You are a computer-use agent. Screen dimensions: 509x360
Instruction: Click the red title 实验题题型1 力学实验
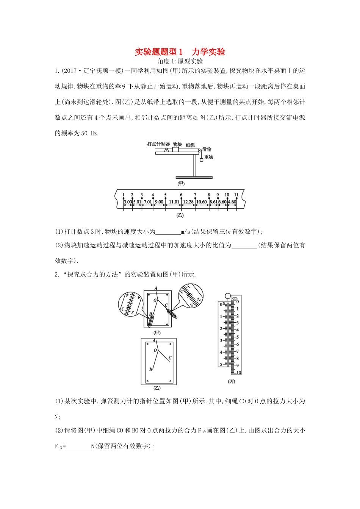[180, 52]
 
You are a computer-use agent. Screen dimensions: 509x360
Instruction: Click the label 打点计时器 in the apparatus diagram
[158, 144]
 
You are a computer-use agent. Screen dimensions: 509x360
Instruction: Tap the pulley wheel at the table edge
[199, 151]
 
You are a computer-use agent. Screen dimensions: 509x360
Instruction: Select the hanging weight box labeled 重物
[202, 160]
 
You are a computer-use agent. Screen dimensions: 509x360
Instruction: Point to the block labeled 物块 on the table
[175, 150]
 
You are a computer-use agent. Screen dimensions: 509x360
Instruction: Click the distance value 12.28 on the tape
[188, 202]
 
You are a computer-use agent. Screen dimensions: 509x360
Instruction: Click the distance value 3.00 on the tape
[128, 202]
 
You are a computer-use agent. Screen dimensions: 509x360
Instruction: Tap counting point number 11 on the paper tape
[236, 195]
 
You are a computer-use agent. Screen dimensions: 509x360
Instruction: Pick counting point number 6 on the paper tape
[181, 195]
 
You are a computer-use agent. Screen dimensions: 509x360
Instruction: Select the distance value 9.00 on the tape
[159, 202]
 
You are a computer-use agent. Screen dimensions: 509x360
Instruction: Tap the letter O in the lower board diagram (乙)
[155, 351]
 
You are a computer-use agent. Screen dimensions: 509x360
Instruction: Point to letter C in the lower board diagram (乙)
[170, 358]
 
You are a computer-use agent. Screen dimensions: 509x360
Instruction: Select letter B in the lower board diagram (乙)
[150, 369]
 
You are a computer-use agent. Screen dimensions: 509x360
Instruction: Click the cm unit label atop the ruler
[235, 298]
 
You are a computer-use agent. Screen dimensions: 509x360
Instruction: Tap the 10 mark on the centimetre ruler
[238, 373]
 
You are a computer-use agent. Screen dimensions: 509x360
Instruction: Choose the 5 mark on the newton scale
[221, 365]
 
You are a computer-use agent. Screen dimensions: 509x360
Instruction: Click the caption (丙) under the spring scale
[232, 381]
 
